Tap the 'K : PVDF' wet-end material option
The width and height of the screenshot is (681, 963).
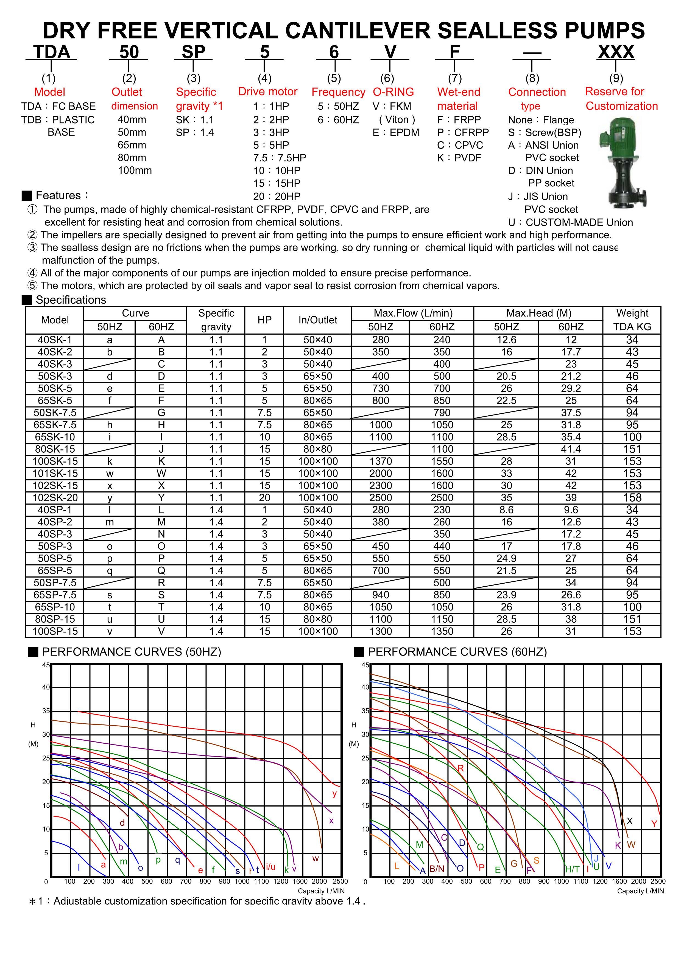pyautogui.click(x=459, y=158)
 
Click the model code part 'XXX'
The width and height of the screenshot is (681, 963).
pyautogui.click(x=616, y=52)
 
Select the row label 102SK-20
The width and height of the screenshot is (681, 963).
pyautogui.click(x=55, y=498)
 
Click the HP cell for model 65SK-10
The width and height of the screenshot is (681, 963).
pyautogui.click(x=264, y=437)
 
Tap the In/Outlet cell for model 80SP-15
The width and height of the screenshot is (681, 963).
pyautogui.click(x=318, y=619)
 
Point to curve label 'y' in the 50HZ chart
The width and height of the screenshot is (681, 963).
pyautogui.click(x=334, y=794)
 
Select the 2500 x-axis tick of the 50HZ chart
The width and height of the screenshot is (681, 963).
pyautogui.click(x=340, y=881)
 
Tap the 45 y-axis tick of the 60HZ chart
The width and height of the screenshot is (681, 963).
pyautogui.click(x=365, y=665)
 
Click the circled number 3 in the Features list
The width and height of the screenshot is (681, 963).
pyautogui.click(x=32, y=247)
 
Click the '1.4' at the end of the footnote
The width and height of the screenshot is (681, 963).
pyautogui.click(x=353, y=901)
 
